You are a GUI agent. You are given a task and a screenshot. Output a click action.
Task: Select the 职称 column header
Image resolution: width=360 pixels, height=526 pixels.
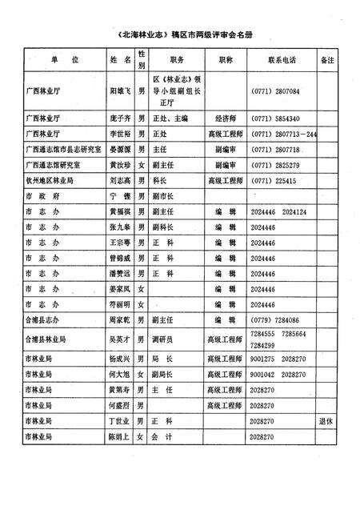point(226,61)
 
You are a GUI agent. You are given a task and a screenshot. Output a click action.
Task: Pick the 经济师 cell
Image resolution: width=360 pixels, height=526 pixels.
point(225,118)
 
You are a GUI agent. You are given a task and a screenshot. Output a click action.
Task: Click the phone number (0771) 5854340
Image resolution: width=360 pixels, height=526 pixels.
point(276,118)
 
